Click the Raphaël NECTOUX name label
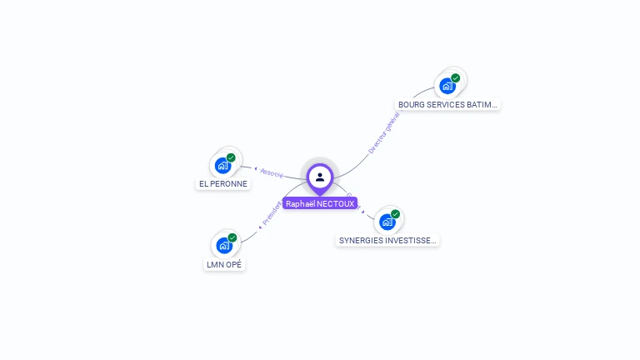[x=320, y=203]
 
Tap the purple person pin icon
[x=320, y=177]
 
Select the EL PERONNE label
[x=223, y=184]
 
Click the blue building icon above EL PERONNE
[x=222, y=165]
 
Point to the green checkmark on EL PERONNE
[x=231, y=157]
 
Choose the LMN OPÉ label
[x=225, y=265]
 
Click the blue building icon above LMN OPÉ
[x=223, y=245]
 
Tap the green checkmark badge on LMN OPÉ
[x=232, y=237]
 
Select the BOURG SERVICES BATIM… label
[x=447, y=105]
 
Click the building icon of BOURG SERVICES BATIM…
[x=447, y=86]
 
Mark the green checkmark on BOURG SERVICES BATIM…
[x=456, y=77]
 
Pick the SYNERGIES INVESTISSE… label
[x=387, y=241]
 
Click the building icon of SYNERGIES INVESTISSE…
[x=387, y=222]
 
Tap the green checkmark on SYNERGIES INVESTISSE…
[x=396, y=214]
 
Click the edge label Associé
[x=272, y=173]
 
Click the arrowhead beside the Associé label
[x=256, y=169]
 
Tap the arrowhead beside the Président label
[x=260, y=225]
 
